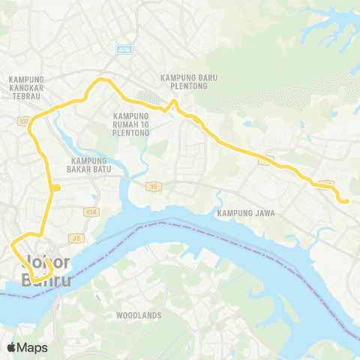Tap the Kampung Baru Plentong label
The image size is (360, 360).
[x=188, y=80]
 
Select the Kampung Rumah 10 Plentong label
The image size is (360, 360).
[x=131, y=124]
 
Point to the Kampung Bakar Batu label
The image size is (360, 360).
[x=90, y=164]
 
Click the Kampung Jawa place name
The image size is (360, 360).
[x=246, y=213]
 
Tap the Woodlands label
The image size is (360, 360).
[x=139, y=316]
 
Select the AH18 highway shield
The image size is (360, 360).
[x=124, y=49]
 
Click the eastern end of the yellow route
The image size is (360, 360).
[x=347, y=200]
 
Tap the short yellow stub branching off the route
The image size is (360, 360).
[x=56, y=187]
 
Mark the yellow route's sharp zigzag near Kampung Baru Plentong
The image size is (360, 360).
[x=172, y=106]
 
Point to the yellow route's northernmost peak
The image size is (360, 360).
[x=101, y=79]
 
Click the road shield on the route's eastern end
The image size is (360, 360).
[x=325, y=184]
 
